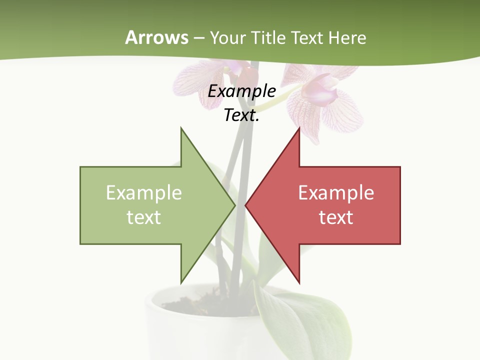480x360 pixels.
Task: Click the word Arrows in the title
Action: [x=156, y=37]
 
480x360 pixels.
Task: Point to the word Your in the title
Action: [x=227, y=38]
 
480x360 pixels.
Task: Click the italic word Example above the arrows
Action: [x=242, y=91]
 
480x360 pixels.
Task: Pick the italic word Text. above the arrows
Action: [x=242, y=115]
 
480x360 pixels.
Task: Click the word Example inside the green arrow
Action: [x=144, y=193]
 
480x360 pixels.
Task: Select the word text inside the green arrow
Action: [x=144, y=217]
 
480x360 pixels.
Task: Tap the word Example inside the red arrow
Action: [x=336, y=193]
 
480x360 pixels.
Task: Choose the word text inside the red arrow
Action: [x=336, y=217]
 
